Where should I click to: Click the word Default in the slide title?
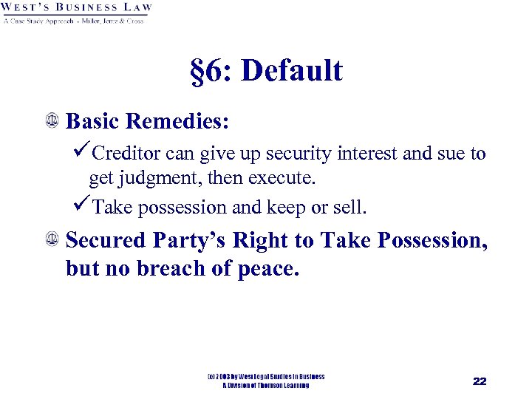coord(292,72)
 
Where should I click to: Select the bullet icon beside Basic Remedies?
coord(52,119)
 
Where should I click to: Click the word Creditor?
coord(128,154)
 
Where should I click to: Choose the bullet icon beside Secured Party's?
coord(52,240)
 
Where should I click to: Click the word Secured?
coord(106,241)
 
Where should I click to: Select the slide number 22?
coord(480,381)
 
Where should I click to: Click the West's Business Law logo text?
coord(77,8)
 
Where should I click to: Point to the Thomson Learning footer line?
coord(266,386)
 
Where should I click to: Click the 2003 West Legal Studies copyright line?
coord(266,377)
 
